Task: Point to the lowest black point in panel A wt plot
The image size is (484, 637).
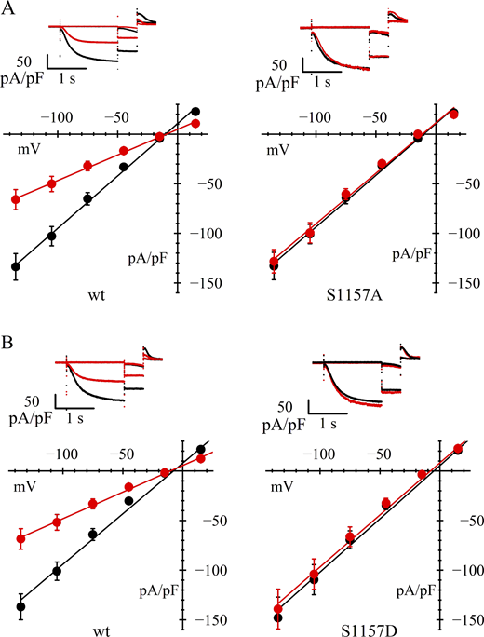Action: click(x=16, y=266)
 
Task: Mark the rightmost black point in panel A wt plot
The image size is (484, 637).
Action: click(x=195, y=111)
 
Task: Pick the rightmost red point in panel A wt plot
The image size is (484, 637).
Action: click(x=195, y=124)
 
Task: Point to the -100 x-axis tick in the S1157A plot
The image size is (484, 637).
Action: click(x=319, y=119)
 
